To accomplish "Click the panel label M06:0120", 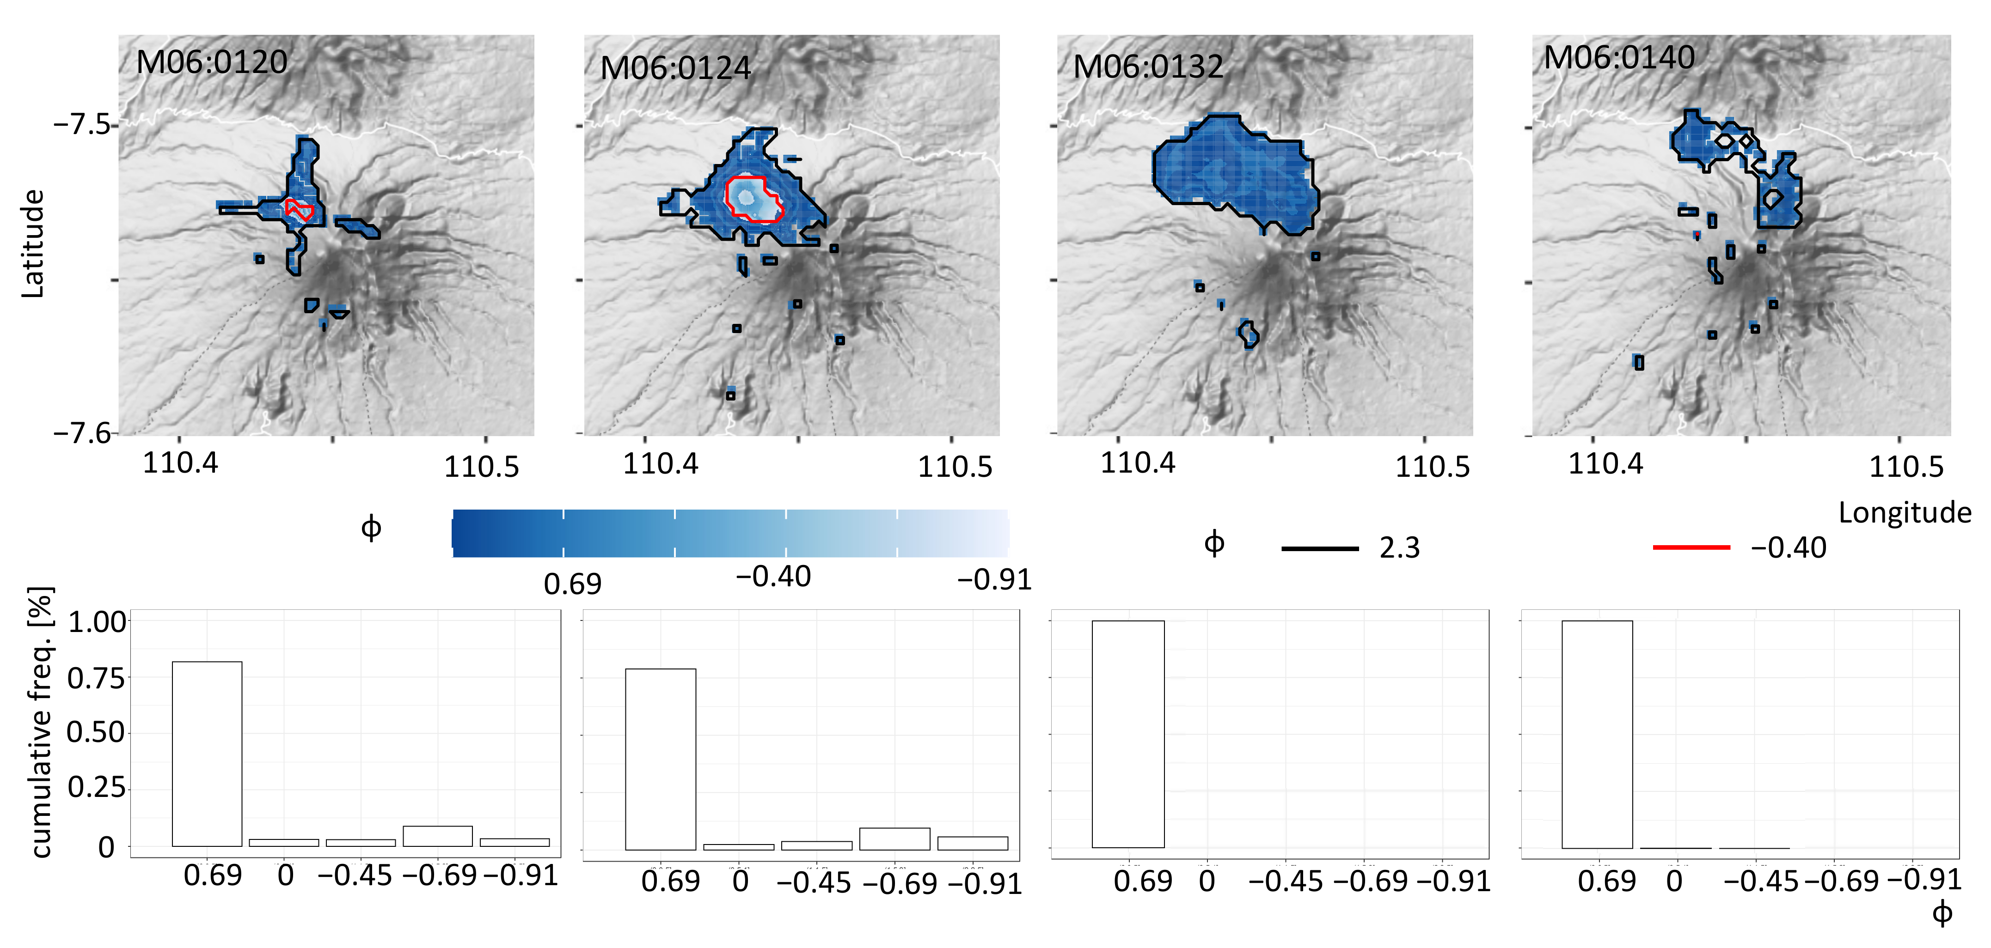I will click(x=212, y=62).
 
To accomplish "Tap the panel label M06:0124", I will click(x=675, y=69).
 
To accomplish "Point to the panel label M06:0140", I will click(x=1619, y=58).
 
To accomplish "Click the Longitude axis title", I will click(x=1905, y=513).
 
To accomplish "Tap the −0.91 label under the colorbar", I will click(x=994, y=579).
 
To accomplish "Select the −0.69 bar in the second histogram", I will click(x=894, y=839).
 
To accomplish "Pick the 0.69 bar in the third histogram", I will click(x=1127, y=734).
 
